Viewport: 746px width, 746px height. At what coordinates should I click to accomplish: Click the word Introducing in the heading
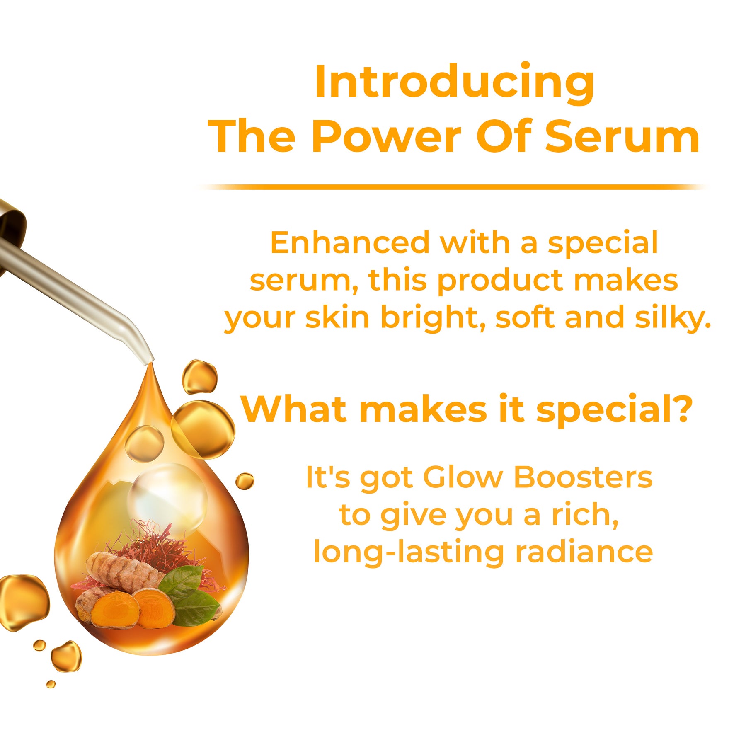tap(455, 83)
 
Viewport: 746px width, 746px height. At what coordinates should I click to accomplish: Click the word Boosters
tap(583, 477)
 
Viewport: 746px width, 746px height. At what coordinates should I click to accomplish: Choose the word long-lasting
tap(408, 553)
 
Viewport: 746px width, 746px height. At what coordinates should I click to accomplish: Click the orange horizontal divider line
tap(454, 187)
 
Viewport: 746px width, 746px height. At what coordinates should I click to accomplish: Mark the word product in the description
tap(500, 281)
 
